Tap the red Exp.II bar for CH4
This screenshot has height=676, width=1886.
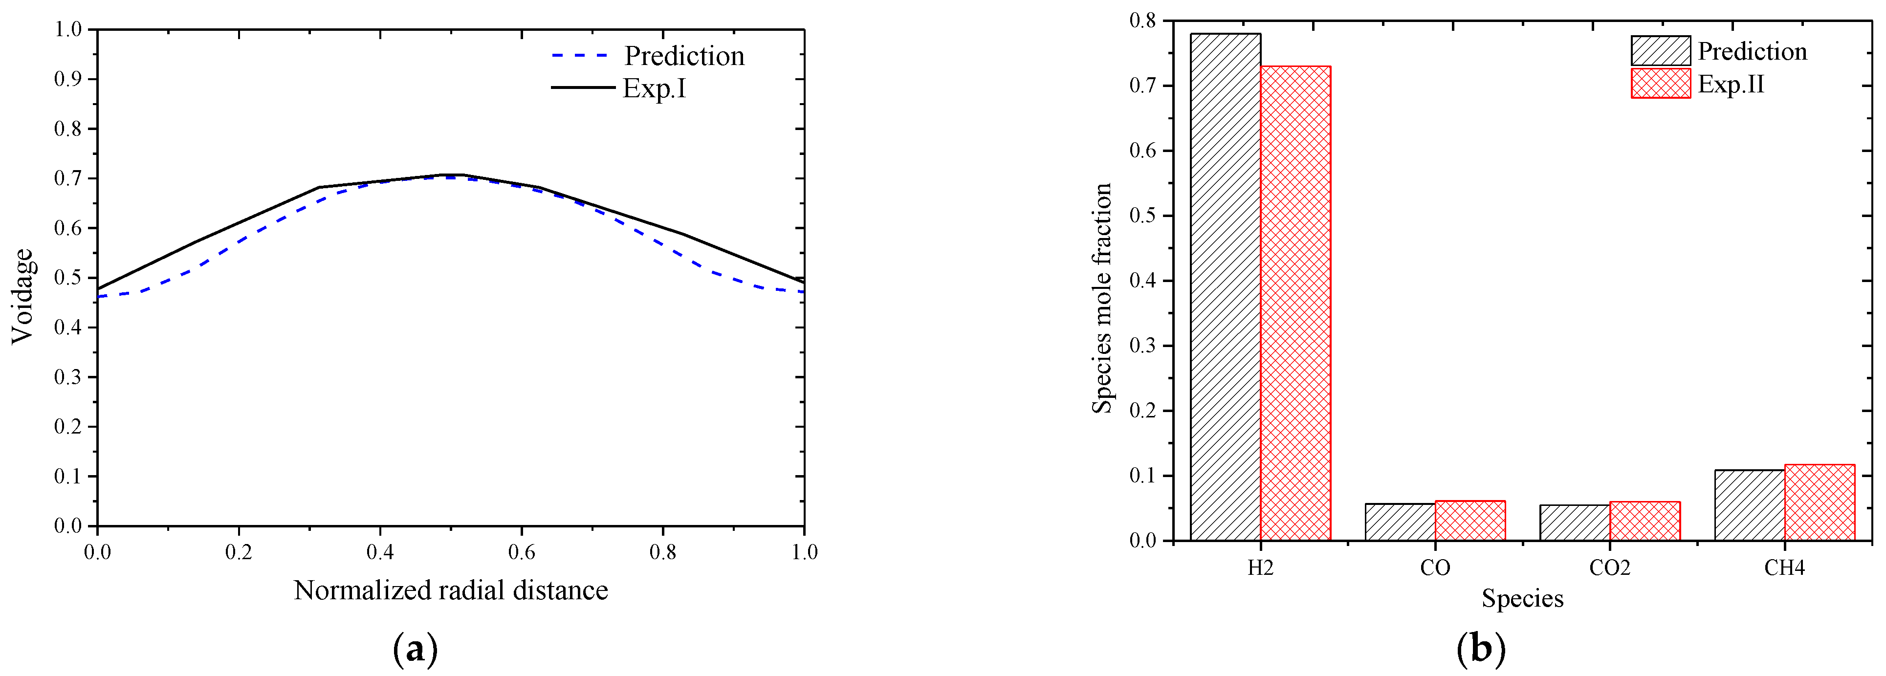pyautogui.click(x=1820, y=502)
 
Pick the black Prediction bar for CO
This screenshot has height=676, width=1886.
pyautogui.click(x=1400, y=522)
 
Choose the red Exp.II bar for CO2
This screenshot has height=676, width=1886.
pyautogui.click(x=1645, y=521)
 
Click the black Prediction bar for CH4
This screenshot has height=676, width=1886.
pyautogui.click(x=1749, y=504)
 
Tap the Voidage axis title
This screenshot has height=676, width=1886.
pyautogui.click(x=22, y=296)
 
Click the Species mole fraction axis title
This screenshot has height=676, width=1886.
pyautogui.click(x=1102, y=298)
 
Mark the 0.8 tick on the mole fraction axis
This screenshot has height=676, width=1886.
pyautogui.click(x=1142, y=21)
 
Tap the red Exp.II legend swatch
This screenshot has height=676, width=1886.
pyautogui.click(x=1661, y=84)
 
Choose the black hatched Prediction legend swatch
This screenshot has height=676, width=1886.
pyautogui.click(x=1661, y=50)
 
